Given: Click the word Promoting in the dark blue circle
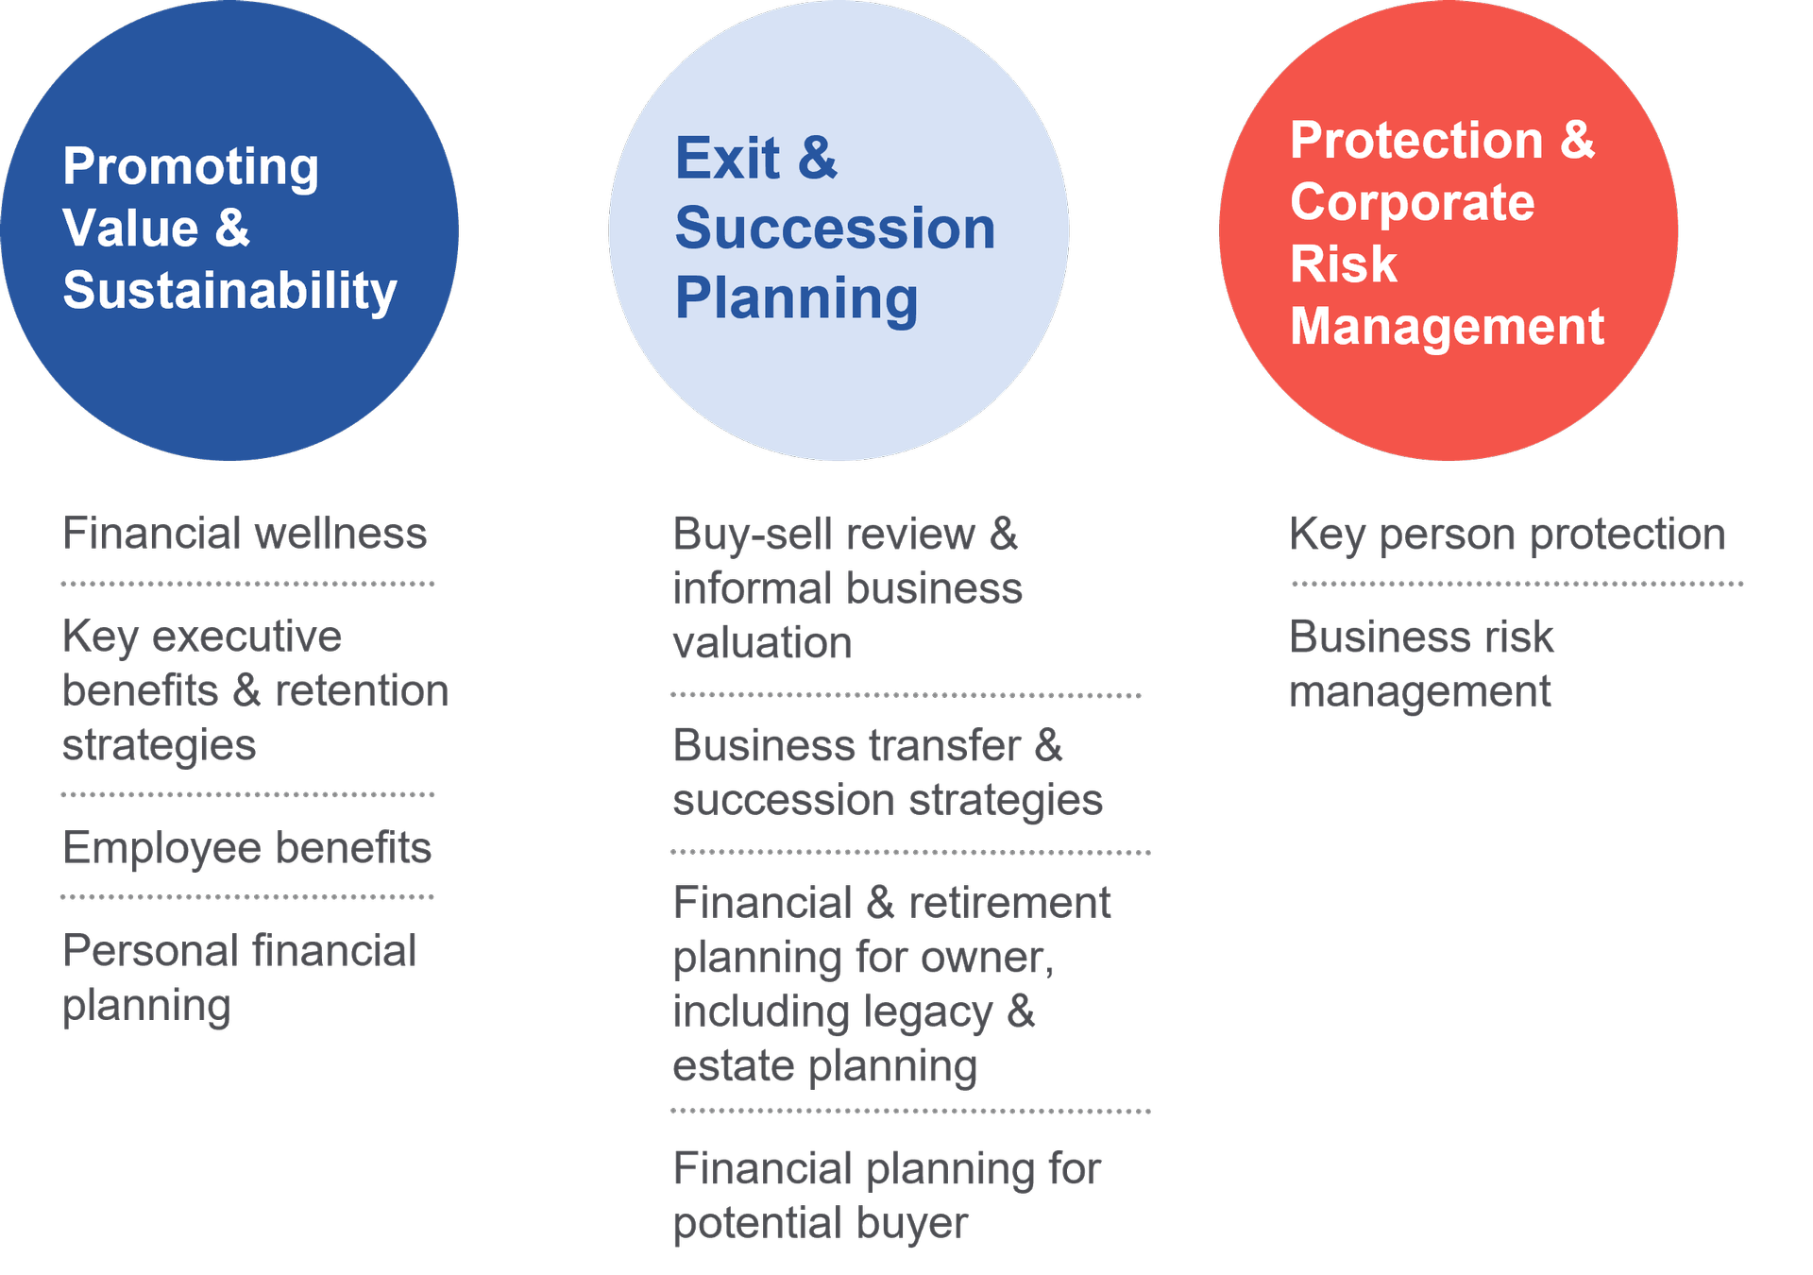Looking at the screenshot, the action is pyautogui.click(x=191, y=168).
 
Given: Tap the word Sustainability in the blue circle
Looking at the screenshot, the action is pyautogui.click(x=229, y=291).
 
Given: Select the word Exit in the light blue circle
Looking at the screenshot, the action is pyautogui.click(x=728, y=158).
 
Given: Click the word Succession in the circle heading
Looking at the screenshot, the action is pyautogui.click(x=835, y=229).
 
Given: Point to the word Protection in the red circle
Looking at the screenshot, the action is pyautogui.click(x=1416, y=141).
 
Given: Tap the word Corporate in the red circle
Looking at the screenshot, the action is pyautogui.click(x=1413, y=202).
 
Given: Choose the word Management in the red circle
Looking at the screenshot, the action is pyautogui.click(x=1447, y=327).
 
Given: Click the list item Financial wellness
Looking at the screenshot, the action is pyautogui.click(x=245, y=534).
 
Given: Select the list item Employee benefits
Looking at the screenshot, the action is pyautogui.click(x=246, y=848).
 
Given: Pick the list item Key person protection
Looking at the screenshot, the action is pyautogui.click(x=1507, y=535).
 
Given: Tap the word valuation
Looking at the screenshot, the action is pyautogui.click(x=762, y=643).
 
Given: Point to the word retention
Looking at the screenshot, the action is pyautogui.click(x=362, y=691).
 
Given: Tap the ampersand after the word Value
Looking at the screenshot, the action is pyautogui.click(x=232, y=229).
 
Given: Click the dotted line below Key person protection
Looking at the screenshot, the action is pyautogui.click(x=1517, y=585).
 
